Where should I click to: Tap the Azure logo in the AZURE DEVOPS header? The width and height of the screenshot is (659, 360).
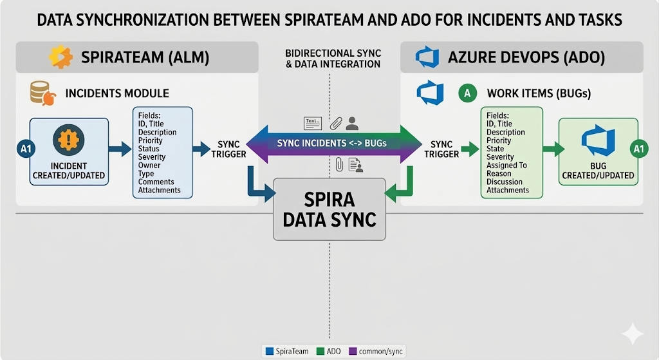click(427, 57)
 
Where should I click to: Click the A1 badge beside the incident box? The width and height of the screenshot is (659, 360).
click(23, 149)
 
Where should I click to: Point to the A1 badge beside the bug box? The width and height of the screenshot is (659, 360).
click(638, 149)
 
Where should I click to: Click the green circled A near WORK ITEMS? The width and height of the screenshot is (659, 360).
click(467, 93)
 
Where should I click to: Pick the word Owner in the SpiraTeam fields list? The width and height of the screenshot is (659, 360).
click(149, 166)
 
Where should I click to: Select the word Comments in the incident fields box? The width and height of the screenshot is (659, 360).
click(156, 182)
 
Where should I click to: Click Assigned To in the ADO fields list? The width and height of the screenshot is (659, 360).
click(506, 166)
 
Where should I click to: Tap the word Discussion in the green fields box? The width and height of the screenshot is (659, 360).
click(505, 182)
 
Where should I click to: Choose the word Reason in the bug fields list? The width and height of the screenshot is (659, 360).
click(499, 174)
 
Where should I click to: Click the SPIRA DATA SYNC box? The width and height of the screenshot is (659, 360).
click(329, 209)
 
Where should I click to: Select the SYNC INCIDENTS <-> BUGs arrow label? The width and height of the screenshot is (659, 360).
click(331, 143)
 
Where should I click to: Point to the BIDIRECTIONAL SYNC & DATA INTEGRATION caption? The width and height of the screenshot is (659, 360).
click(332, 59)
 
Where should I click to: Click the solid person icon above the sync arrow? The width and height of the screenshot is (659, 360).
click(351, 123)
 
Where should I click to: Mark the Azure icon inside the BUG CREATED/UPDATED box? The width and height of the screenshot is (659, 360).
click(598, 142)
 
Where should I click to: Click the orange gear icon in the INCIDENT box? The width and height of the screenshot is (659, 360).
click(67, 140)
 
